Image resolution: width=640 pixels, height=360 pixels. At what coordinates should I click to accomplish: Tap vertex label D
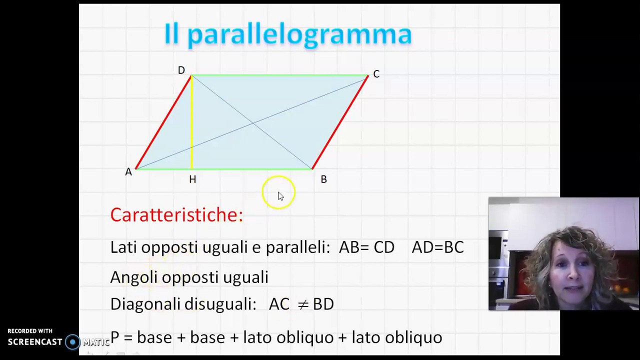pyautogui.click(x=181, y=70)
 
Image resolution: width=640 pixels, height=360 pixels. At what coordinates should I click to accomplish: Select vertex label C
pyautogui.click(x=376, y=74)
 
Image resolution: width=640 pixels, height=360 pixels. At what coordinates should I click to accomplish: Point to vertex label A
pyautogui.click(x=128, y=172)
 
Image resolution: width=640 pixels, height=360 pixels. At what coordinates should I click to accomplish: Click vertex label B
pyautogui.click(x=323, y=179)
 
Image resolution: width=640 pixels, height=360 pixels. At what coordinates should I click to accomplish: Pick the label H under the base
pyautogui.click(x=192, y=179)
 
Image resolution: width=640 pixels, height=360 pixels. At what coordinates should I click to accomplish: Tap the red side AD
pyautogui.click(x=163, y=122)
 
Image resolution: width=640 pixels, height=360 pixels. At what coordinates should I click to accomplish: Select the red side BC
pyautogui.click(x=340, y=122)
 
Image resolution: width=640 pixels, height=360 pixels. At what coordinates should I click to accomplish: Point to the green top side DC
pyautogui.click(x=280, y=75)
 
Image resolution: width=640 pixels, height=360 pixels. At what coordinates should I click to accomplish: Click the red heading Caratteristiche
pyautogui.click(x=176, y=215)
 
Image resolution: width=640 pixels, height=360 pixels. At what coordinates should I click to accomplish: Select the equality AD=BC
pyautogui.click(x=437, y=247)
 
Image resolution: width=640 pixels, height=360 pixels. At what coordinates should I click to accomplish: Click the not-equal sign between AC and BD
pyautogui.click(x=302, y=304)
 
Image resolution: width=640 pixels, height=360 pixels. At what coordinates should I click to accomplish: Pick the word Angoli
pyautogui.click(x=133, y=277)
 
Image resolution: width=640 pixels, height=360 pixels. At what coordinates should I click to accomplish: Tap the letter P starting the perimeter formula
pyautogui.click(x=114, y=337)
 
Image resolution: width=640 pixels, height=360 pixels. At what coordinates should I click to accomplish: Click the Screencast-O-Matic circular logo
pyautogui.click(x=73, y=342)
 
